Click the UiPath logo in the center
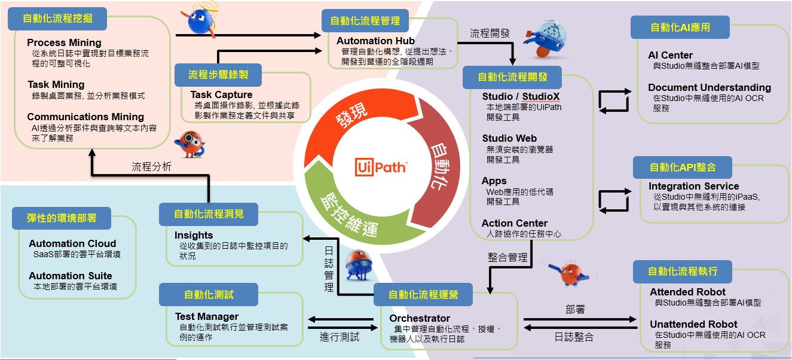(x=381, y=167)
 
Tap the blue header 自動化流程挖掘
(x=57, y=19)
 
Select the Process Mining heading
(x=64, y=42)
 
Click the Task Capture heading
(x=221, y=94)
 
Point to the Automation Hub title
(x=375, y=41)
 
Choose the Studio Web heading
(x=509, y=138)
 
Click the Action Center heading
(x=515, y=223)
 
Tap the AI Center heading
(x=671, y=55)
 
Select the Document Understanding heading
(x=710, y=87)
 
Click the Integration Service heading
(x=694, y=186)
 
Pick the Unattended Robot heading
(x=693, y=324)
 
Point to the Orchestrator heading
(x=420, y=318)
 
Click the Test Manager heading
(x=207, y=316)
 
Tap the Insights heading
(x=194, y=235)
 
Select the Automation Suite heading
(x=71, y=276)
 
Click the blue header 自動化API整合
(x=683, y=167)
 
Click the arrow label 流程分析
(x=151, y=167)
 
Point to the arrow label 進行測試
(x=340, y=337)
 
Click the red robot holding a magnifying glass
(x=190, y=144)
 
